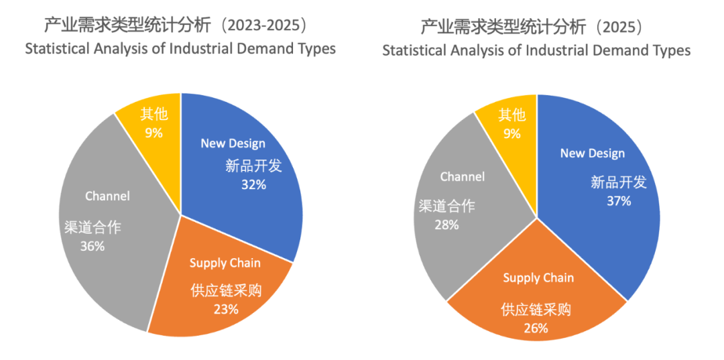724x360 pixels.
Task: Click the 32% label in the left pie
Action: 253,184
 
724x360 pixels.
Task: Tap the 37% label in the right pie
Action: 618,200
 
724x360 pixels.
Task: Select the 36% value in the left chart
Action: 92,246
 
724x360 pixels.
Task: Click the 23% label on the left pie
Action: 226,309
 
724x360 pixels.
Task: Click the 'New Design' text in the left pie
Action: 233,143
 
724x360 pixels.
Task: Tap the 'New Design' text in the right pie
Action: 592,154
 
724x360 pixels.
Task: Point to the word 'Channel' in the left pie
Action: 107,196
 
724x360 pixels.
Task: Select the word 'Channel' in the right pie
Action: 462,177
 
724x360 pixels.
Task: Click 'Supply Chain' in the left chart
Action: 225,263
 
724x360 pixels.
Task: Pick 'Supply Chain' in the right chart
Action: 538,278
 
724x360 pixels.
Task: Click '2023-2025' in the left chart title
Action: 267,26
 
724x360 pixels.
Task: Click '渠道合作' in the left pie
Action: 93,227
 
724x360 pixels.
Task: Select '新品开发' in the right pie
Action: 618,182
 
